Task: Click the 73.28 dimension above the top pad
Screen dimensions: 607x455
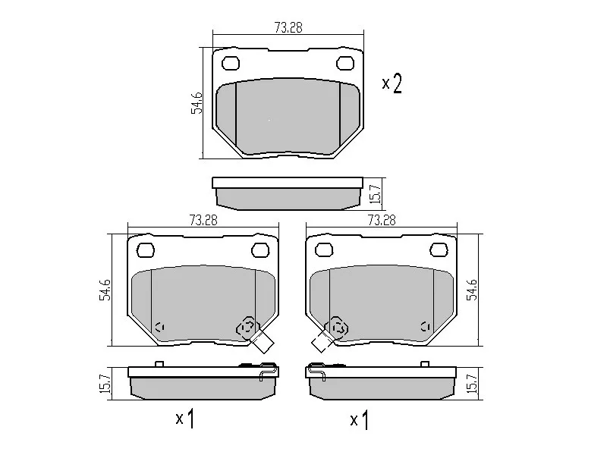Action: tap(288, 27)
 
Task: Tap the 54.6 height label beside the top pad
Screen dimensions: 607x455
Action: tap(197, 102)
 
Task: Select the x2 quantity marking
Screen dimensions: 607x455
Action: tap(392, 83)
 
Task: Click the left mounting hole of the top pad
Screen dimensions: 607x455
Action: tap(231, 64)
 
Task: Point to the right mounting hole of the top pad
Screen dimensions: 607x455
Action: tap(345, 64)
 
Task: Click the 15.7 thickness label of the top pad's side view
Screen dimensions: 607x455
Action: tap(376, 194)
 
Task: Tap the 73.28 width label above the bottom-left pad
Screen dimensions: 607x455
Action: tap(203, 220)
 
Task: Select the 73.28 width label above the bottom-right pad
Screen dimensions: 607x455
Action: tap(382, 220)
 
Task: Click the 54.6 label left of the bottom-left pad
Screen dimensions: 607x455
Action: tap(105, 290)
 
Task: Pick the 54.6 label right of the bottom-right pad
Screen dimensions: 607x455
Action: tap(472, 290)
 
